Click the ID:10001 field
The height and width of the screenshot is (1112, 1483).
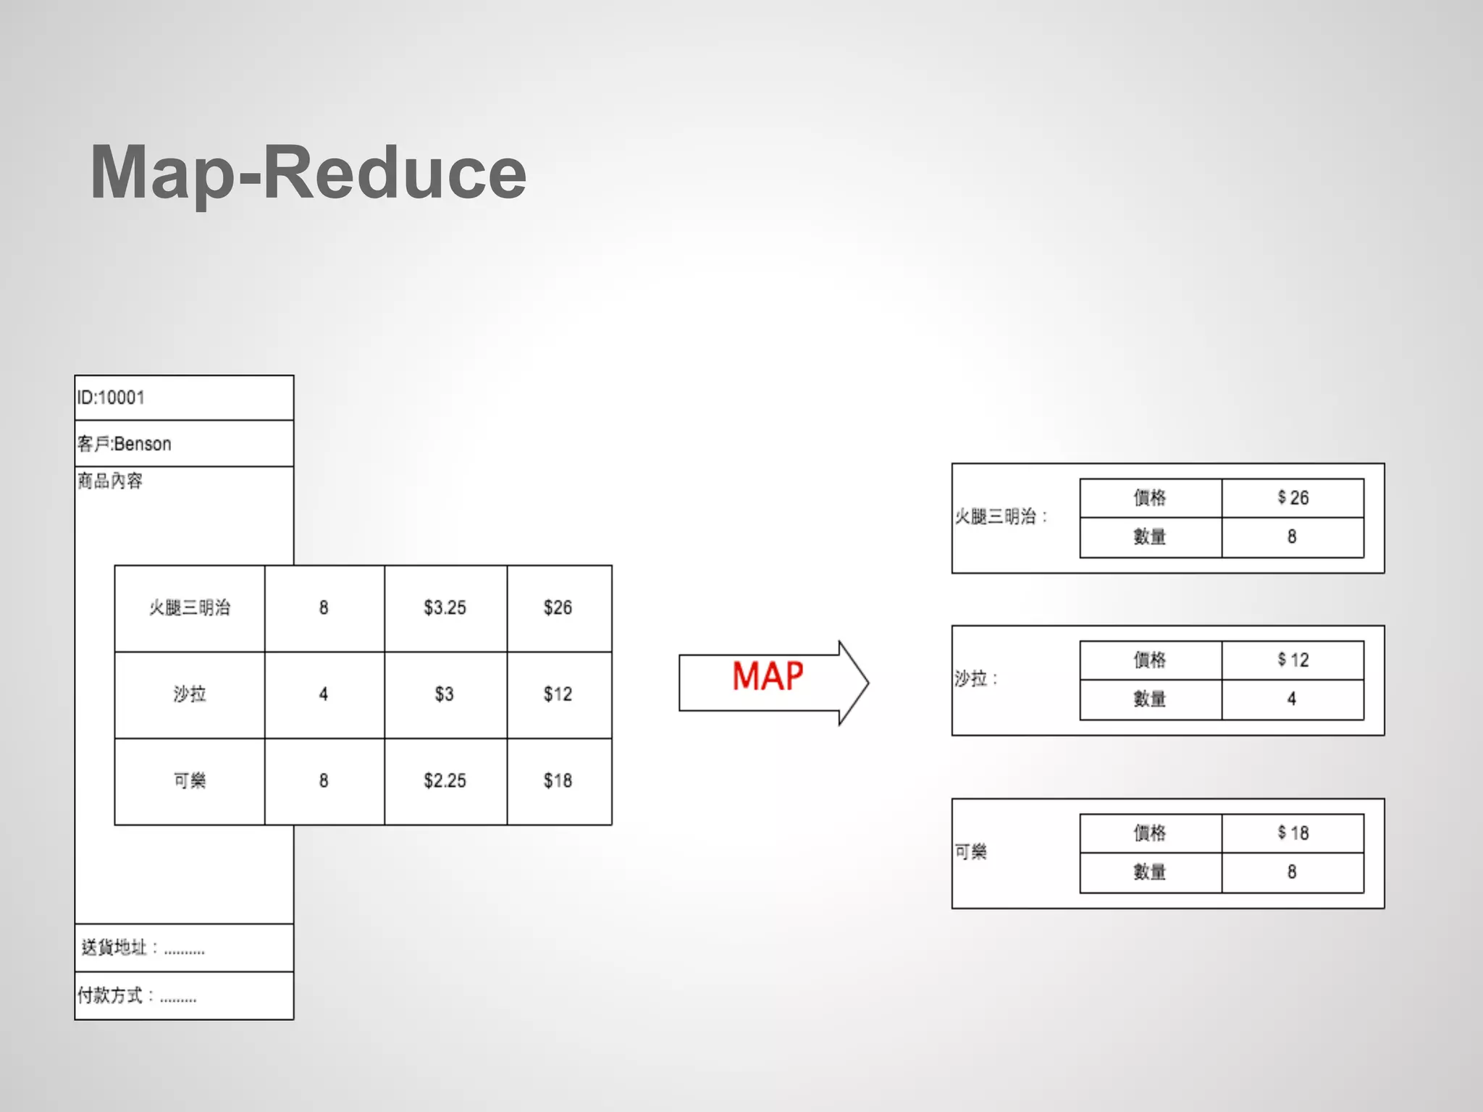click(112, 397)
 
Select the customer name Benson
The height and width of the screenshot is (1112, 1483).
click(142, 444)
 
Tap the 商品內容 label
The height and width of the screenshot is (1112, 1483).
click(110, 481)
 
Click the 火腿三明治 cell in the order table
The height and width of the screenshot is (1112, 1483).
click(190, 608)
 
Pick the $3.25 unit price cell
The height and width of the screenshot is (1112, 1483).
click(445, 608)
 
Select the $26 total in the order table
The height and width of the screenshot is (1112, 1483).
click(558, 608)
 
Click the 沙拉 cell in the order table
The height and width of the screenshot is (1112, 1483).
click(190, 694)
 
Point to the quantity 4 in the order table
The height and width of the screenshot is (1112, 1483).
click(324, 694)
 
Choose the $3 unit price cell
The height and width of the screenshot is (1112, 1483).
click(444, 694)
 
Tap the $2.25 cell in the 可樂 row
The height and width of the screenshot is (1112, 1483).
click(445, 781)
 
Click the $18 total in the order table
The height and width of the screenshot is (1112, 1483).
click(558, 781)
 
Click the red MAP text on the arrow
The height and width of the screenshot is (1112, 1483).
click(768, 677)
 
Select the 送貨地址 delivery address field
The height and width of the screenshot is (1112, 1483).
click(143, 948)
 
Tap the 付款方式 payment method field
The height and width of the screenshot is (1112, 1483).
click(138, 995)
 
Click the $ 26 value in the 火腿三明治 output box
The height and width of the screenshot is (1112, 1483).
click(1293, 498)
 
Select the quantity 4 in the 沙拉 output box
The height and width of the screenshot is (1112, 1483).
click(1292, 699)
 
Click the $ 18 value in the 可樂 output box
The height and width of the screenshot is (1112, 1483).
click(1293, 833)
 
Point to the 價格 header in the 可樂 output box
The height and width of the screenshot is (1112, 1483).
click(1150, 833)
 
